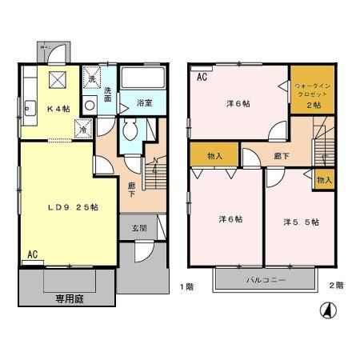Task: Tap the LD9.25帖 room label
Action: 71,207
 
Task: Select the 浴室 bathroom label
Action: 144,103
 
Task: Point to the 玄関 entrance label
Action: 138,228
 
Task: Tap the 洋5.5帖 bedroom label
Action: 300,221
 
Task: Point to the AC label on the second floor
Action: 202,77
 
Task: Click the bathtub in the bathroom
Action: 143,80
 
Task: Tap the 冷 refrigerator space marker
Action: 83,126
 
